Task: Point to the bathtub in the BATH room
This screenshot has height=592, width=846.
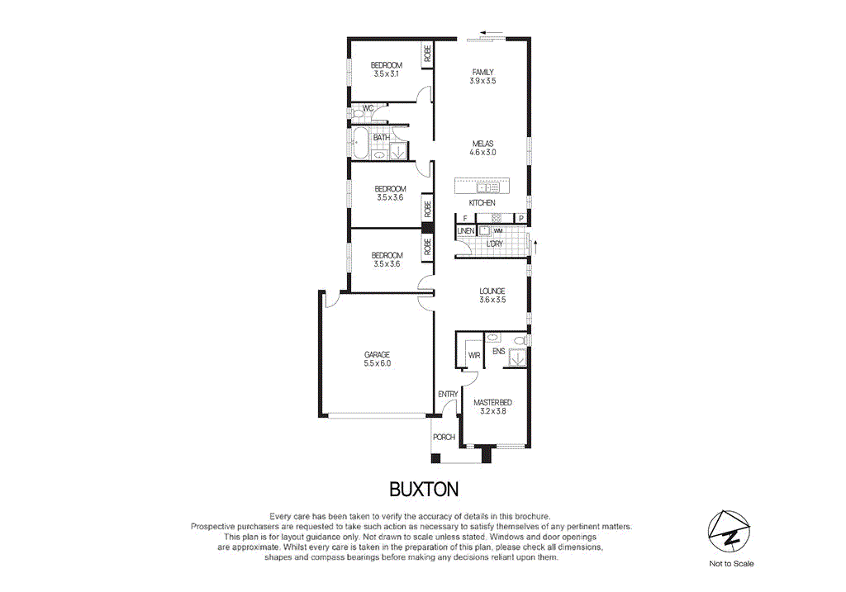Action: pyautogui.click(x=359, y=144)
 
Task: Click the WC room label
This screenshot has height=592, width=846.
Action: pyautogui.click(x=368, y=108)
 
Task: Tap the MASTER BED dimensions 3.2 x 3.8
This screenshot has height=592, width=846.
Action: pyautogui.click(x=492, y=411)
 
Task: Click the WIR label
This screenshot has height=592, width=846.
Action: pyautogui.click(x=474, y=356)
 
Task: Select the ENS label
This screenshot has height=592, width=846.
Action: pyautogui.click(x=498, y=352)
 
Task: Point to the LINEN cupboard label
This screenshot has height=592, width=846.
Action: pyautogui.click(x=466, y=231)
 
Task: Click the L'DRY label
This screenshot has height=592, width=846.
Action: pyautogui.click(x=495, y=244)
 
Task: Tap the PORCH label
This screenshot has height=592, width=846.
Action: pyautogui.click(x=444, y=437)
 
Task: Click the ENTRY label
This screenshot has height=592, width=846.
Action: pyautogui.click(x=448, y=395)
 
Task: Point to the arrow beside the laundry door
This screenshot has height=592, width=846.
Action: pyautogui.click(x=536, y=246)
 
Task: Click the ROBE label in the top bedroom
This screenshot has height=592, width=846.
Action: pyautogui.click(x=427, y=54)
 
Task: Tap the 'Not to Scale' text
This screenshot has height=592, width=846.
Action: pyautogui.click(x=731, y=564)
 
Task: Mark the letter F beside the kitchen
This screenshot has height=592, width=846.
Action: pyautogui.click(x=464, y=218)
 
